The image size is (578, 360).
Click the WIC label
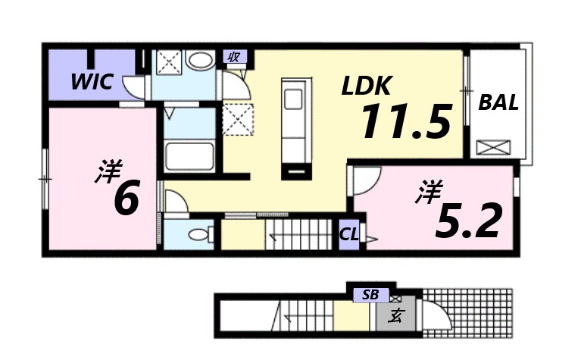point(92,82)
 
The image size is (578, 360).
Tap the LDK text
point(366,86)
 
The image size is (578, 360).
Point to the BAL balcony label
point(498,102)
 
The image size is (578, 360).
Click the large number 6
point(126,199)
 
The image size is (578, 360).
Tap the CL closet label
point(349,234)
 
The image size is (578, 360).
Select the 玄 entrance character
point(395,315)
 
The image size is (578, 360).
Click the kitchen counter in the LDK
point(292,125)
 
